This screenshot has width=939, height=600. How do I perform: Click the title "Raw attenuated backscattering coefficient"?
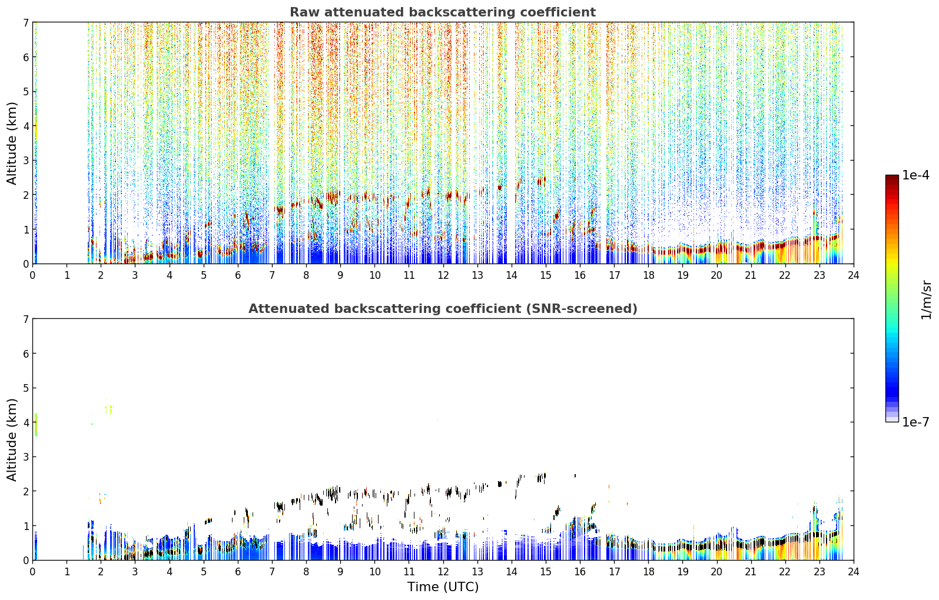443,12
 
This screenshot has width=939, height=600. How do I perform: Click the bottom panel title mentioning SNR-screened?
443,309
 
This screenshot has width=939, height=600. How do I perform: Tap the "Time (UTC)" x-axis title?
443,587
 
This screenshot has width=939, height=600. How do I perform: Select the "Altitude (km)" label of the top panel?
12,144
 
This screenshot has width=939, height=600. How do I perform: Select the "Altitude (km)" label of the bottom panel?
12,439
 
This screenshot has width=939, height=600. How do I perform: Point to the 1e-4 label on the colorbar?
915,175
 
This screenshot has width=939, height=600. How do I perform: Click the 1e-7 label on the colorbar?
915,422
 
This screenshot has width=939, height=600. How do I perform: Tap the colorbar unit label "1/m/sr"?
926,300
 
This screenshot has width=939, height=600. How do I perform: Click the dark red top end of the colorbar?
892,177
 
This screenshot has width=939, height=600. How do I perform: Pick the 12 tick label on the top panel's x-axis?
443,275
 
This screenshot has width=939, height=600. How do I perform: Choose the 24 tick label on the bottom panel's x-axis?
854,572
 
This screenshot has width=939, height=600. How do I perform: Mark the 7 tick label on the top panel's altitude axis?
25,22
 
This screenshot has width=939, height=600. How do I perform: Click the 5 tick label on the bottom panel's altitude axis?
25,388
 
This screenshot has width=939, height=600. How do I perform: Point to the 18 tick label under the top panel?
649,275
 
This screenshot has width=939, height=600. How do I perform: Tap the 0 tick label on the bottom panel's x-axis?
33,572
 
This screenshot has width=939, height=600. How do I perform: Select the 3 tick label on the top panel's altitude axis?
25,161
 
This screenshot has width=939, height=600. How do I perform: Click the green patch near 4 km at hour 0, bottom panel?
36,425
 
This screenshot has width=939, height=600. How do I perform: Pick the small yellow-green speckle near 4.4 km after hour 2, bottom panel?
110,408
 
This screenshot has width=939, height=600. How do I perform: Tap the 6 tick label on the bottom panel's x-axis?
238,572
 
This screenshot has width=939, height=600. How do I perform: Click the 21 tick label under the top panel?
751,275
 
